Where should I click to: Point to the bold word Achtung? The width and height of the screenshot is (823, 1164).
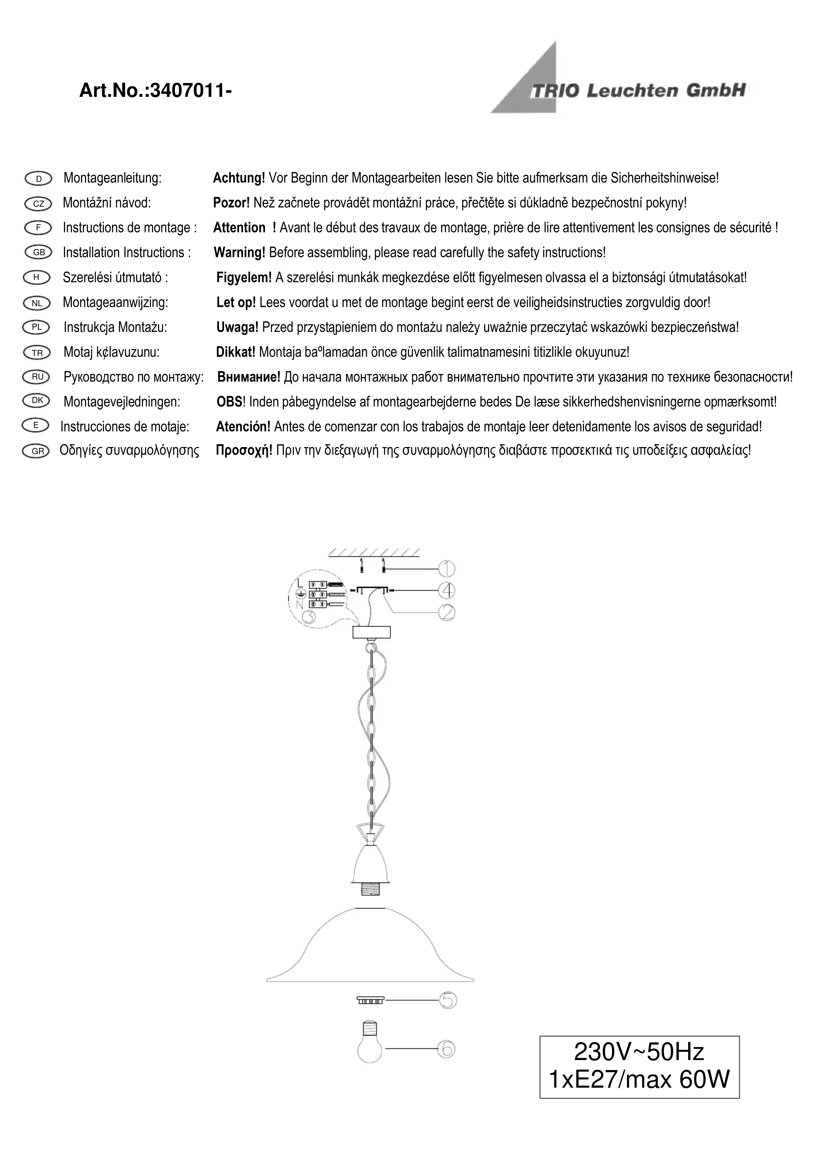(x=238, y=178)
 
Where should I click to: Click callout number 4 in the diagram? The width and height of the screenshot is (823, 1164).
(x=447, y=591)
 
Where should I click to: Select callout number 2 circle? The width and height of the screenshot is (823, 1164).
(x=447, y=613)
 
